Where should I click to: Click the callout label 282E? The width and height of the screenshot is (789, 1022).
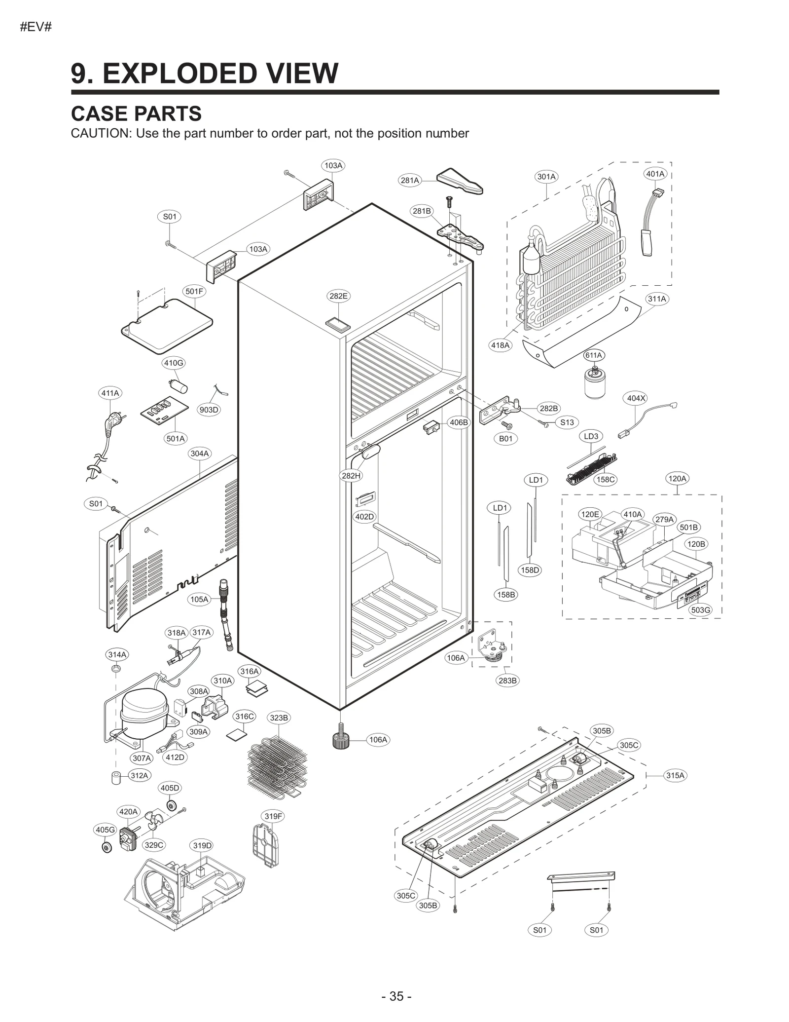tap(338, 296)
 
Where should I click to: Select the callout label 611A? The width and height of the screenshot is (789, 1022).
tap(594, 355)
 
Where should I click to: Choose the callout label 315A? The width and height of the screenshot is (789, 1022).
tap(675, 775)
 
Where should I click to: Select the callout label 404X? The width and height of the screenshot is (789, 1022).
tap(636, 398)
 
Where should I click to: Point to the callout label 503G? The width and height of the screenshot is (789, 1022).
tap(700, 610)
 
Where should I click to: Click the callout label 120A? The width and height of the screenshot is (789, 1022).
tap(677, 478)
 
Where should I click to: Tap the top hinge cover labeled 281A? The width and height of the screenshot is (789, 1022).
tap(460, 181)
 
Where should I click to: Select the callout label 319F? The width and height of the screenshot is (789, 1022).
tap(273, 816)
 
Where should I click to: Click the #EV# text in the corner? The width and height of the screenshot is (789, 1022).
tap(36, 27)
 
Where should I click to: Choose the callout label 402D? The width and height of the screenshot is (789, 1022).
tap(364, 517)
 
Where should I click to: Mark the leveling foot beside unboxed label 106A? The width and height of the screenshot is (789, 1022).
tap(340, 739)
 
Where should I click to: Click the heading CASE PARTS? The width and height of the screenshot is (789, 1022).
tap(136, 114)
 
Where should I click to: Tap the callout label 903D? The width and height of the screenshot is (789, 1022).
tap(209, 410)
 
